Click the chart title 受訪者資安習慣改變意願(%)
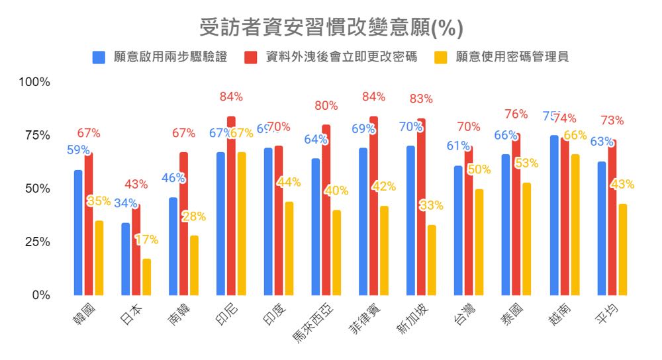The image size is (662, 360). click(331, 28)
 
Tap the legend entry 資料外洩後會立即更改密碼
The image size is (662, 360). click(332, 57)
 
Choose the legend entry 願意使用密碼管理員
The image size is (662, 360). click(502, 57)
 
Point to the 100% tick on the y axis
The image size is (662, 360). click(34, 82)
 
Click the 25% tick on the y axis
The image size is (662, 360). click(37, 242)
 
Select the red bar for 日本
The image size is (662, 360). click(136, 249)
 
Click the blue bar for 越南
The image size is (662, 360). click(553, 215)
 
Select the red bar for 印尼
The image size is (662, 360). click(231, 206)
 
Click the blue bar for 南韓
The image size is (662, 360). click(173, 246)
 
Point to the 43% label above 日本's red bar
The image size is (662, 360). click(136, 184)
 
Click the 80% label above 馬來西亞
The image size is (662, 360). click(326, 105)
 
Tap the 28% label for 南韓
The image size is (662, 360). click(194, 216)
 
